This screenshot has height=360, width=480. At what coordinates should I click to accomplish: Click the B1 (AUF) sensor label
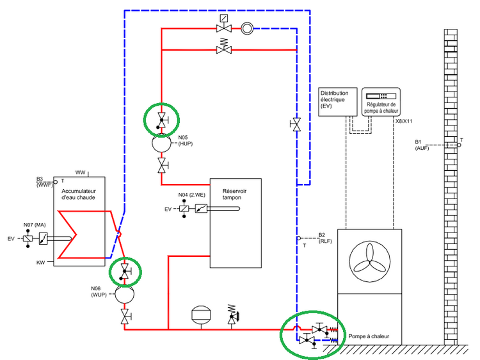[x=422, y=145]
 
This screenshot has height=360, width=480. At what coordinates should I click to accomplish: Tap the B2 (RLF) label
[x=325, y=238]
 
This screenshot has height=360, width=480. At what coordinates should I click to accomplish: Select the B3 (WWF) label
[x=43, y=183]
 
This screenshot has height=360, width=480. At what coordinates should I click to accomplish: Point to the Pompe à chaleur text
[x=369, y=336]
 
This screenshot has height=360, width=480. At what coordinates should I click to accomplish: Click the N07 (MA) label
[x=33, y=225]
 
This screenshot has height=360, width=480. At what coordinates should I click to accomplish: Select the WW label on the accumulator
[x=80, y=172]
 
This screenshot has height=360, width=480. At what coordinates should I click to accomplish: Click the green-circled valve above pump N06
[x=125, y=272]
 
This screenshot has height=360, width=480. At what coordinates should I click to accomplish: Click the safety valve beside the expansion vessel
[x=232, y=314]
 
